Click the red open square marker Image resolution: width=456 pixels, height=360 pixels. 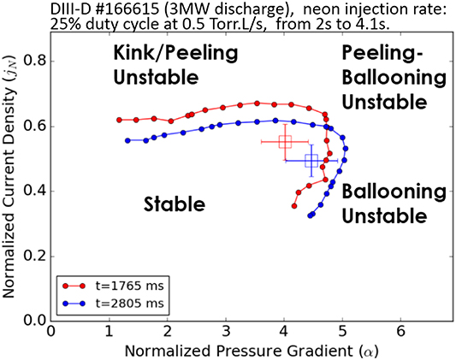(x=286, y=141)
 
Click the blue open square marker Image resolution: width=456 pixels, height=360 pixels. (x=311, y=160)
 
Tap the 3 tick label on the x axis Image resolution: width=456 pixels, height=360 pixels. (x=226, y=330)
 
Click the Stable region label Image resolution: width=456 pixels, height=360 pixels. (x=175, y=204)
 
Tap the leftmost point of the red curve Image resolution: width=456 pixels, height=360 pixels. (x=119, y=120)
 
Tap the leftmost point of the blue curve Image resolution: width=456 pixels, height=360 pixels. (x=127, y=140)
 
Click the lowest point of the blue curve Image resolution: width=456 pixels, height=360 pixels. (x=310, y=215)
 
